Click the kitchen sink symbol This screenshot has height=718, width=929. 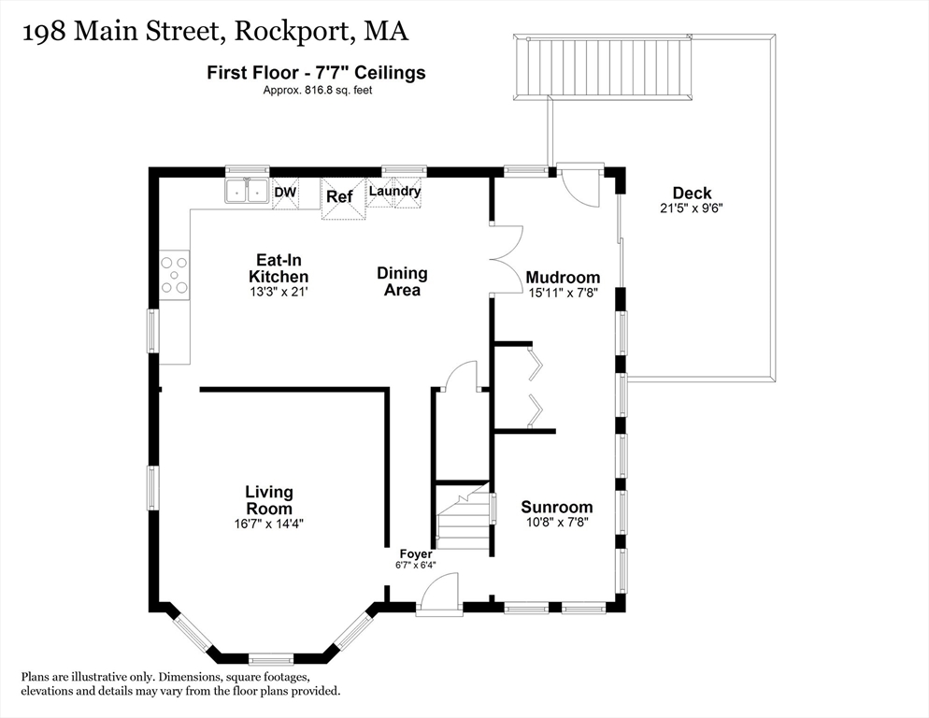pyautogui.click(x=247, y=192)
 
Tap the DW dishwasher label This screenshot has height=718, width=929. pyautogui.click(x=284, y=192)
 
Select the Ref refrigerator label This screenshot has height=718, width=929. pyautogui.click(x=339, y=196)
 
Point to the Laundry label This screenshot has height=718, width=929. pyautogui.click(x=394, y=192)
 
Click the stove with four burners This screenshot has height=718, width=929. pyautogui.click(x=174, y=275)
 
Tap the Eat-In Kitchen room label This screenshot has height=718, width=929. pyautogui.click(x=279, y=268)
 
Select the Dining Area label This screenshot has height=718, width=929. pyautogui.click(x=402, y=281)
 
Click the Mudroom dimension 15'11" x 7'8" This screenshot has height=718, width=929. pyautogui.click(x=562, y=293)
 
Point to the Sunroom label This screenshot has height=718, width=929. pyautogui.click(x=556, y=507)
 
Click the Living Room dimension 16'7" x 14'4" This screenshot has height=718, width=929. pyautogui.click(x=269, y=524)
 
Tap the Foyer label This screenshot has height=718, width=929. pyautogui.click(x=415, y=553)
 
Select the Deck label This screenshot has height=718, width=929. pyautogui.click(x=692, y=194)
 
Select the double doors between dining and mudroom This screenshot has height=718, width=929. pyautogui.click(x=506, y=261)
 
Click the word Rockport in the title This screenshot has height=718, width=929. pyautogui.click(x=292, y=33)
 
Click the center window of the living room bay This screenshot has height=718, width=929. pyautogui.click(x=271, y=657)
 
